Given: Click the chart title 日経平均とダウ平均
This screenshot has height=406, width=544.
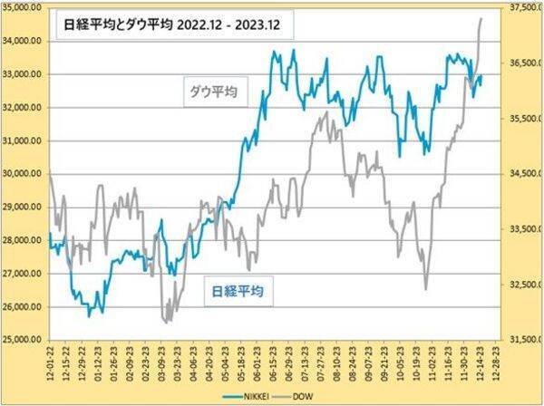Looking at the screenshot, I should pos(112,26).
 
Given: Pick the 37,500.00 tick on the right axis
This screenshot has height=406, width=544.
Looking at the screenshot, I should pos(523,7).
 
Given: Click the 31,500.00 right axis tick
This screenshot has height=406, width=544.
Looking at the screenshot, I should pos(523,340).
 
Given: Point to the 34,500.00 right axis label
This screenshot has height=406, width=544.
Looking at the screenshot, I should pos(523,174).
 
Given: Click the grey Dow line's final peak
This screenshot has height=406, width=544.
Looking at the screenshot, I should pos(481,18).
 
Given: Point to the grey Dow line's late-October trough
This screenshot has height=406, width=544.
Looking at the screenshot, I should pos(426,289).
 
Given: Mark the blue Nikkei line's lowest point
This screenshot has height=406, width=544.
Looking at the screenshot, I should pos(89,315).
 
